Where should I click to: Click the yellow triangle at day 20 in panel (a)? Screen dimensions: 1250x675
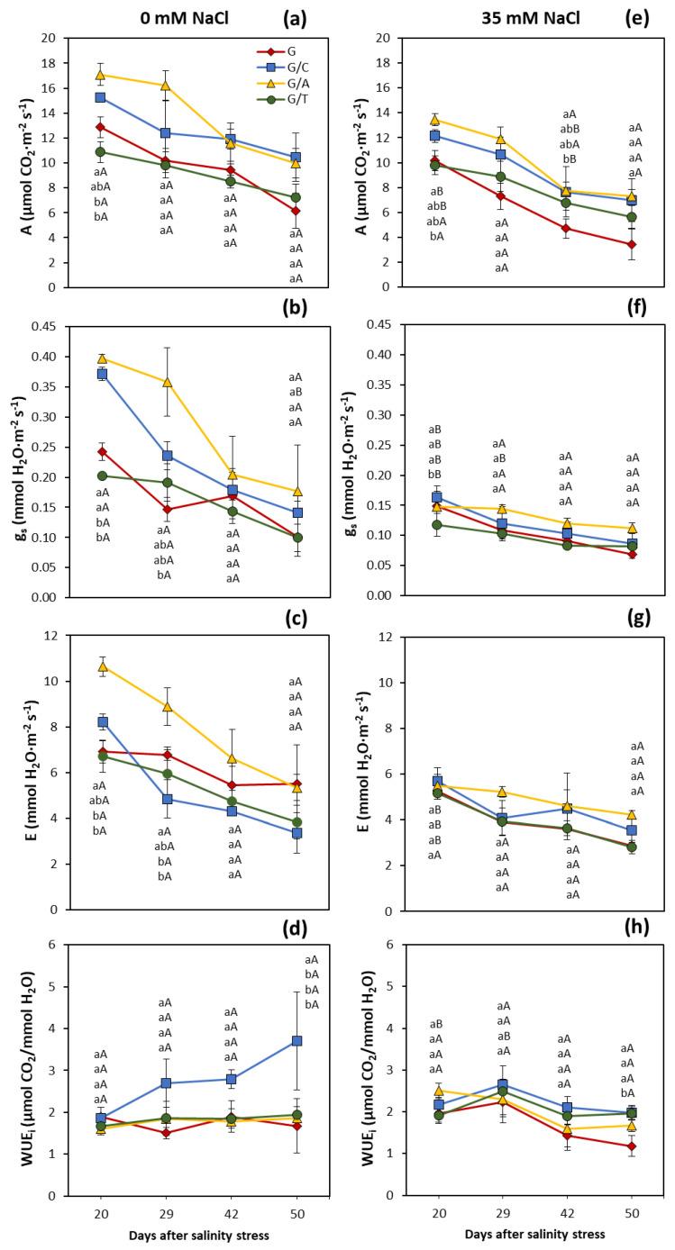(x=101, y=75)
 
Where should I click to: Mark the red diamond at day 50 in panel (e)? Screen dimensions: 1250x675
(x=632, y=244)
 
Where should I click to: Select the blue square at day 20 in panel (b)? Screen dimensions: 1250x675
(x=101, y=374)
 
